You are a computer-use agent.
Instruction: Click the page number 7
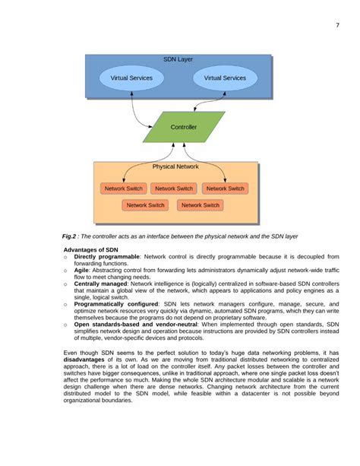point(336,25)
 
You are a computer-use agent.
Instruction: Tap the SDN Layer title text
point(178,59)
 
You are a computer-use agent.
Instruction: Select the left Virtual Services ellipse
point(131,78)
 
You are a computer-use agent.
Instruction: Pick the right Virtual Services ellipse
point(225,78)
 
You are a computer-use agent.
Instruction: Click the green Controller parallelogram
point(184,127)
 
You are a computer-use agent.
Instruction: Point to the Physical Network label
point(175,166)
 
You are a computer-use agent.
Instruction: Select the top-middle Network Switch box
point(174,189)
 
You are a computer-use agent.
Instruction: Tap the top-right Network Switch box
point(226,189)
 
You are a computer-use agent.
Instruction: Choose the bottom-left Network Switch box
point(146,205)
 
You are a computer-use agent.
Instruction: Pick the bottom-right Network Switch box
point(200,205)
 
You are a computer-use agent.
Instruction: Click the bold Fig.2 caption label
point(72,236)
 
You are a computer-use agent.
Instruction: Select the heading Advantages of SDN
point(91,249)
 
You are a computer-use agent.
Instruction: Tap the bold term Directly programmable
point(107,256)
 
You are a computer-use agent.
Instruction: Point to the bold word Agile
point(82,270)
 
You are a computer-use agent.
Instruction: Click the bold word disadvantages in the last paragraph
point(88,360)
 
